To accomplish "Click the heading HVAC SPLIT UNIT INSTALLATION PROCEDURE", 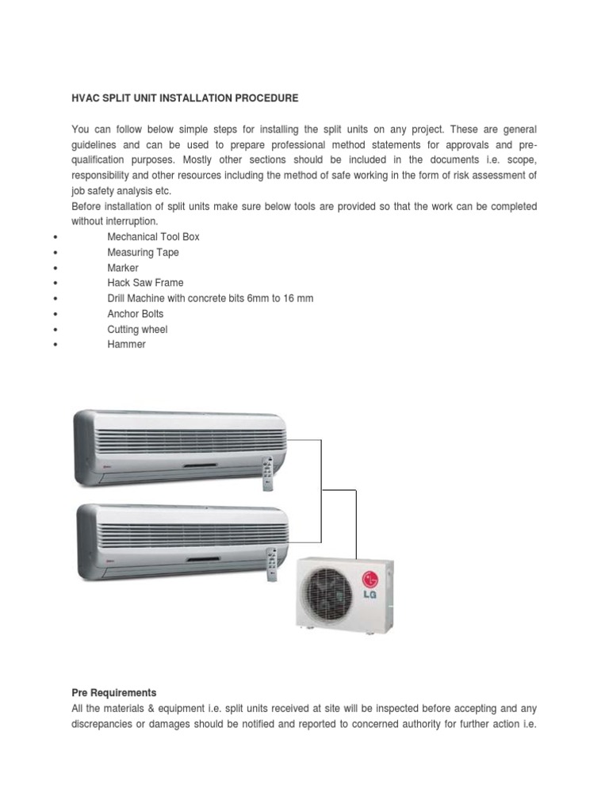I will click(x=185, y=98).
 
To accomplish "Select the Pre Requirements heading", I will click(x=113, y=670).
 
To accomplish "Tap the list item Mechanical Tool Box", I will click(x=154, y=237).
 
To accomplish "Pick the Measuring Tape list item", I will click(x=144, y=252).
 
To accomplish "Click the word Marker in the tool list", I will click(x=123, y=268).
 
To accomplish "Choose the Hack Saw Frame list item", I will click(x=145, y=283).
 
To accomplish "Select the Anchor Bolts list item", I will click(x=136, y=314).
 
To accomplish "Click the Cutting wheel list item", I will click(x=138, y=329).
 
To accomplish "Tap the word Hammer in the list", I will click(x=127, y=344).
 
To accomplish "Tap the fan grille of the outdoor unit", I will click(x=327, y=596).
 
